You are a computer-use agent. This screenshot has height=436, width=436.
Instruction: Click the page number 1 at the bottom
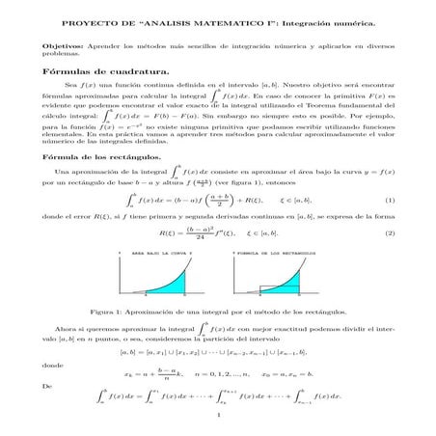pyautogui.click(x=219, y=417)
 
